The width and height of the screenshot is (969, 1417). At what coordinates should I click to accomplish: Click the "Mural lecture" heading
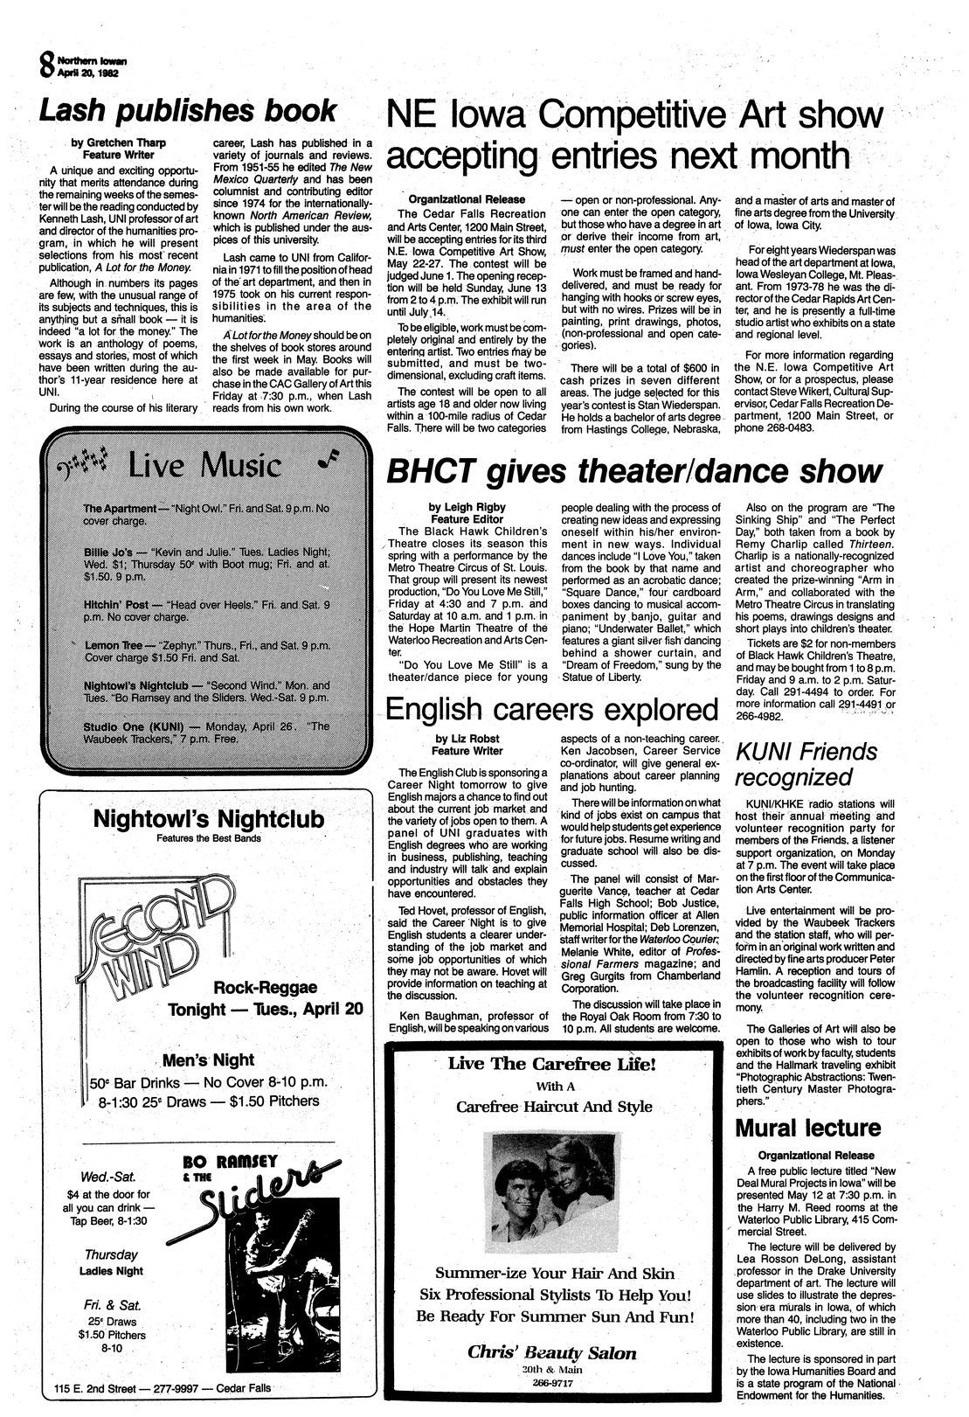pos(807,1128)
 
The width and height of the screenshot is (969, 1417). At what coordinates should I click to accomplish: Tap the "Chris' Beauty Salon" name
pos(552,1352)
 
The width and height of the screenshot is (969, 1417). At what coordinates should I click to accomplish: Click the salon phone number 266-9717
pos(551,1383)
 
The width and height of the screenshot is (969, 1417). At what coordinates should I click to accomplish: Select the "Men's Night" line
pos(208,1060)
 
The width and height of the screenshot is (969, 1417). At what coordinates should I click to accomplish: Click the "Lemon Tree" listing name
pos(114,644)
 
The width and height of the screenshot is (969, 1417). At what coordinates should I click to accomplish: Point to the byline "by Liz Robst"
pos(467,738)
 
